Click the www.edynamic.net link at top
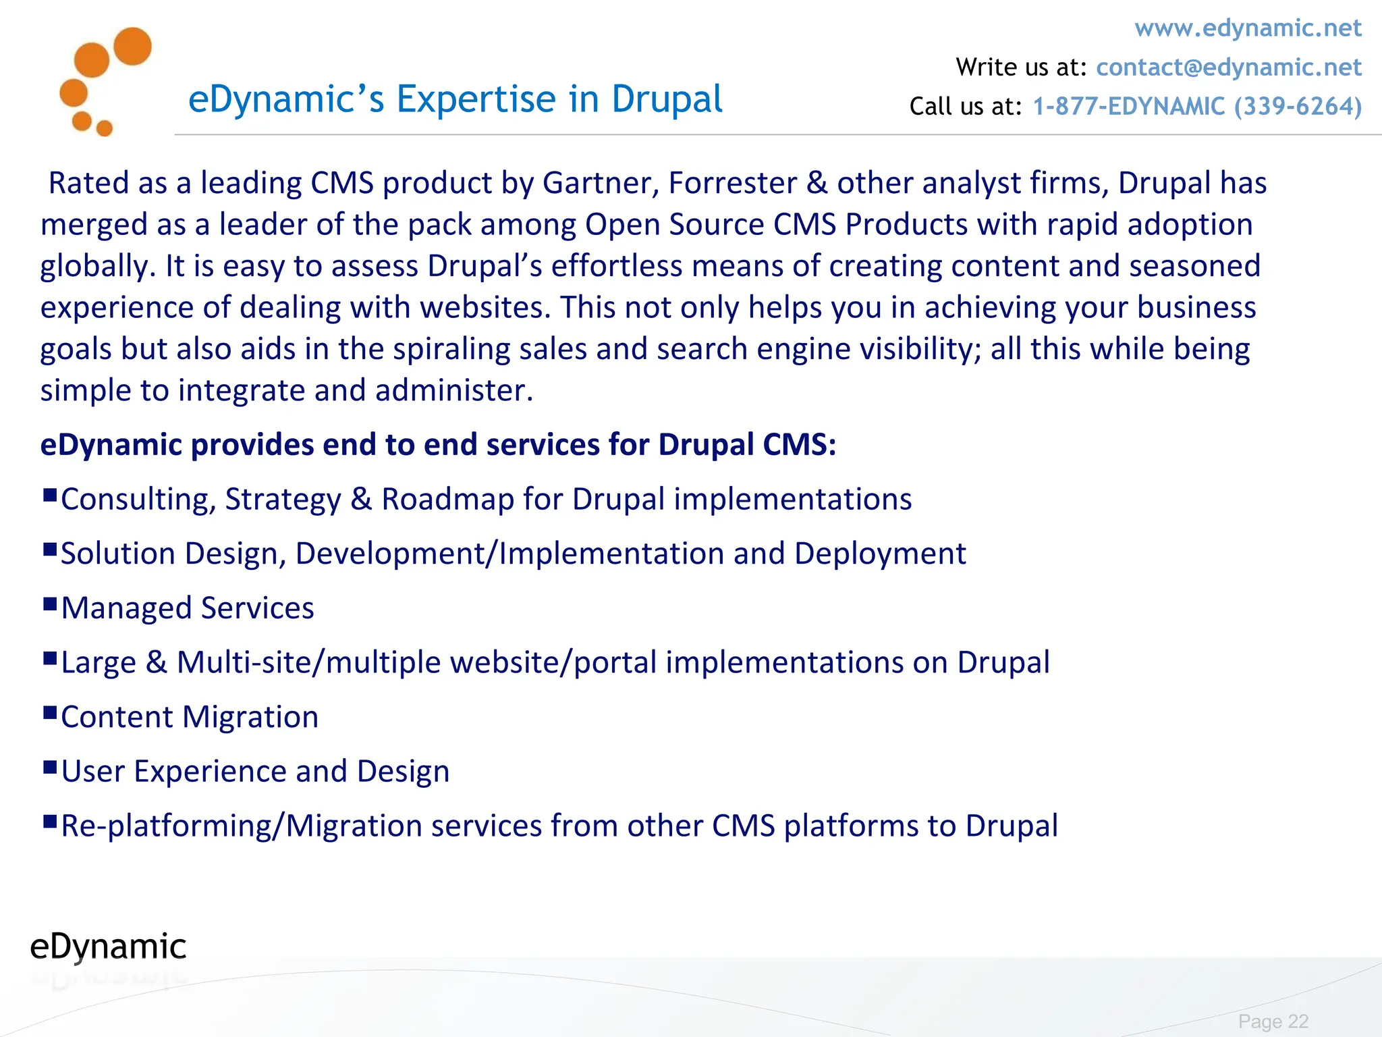(x=1248, y=28)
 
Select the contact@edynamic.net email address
(x=1228, y=68)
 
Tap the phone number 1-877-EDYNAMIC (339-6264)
(x=1197, y=107)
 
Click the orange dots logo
(x=105, y=81)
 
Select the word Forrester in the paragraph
(x=733, y=184)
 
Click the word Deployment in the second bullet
(x=880, y=554)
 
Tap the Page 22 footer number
(x=1273, y=1021)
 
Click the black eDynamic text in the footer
(x=108, y=947)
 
